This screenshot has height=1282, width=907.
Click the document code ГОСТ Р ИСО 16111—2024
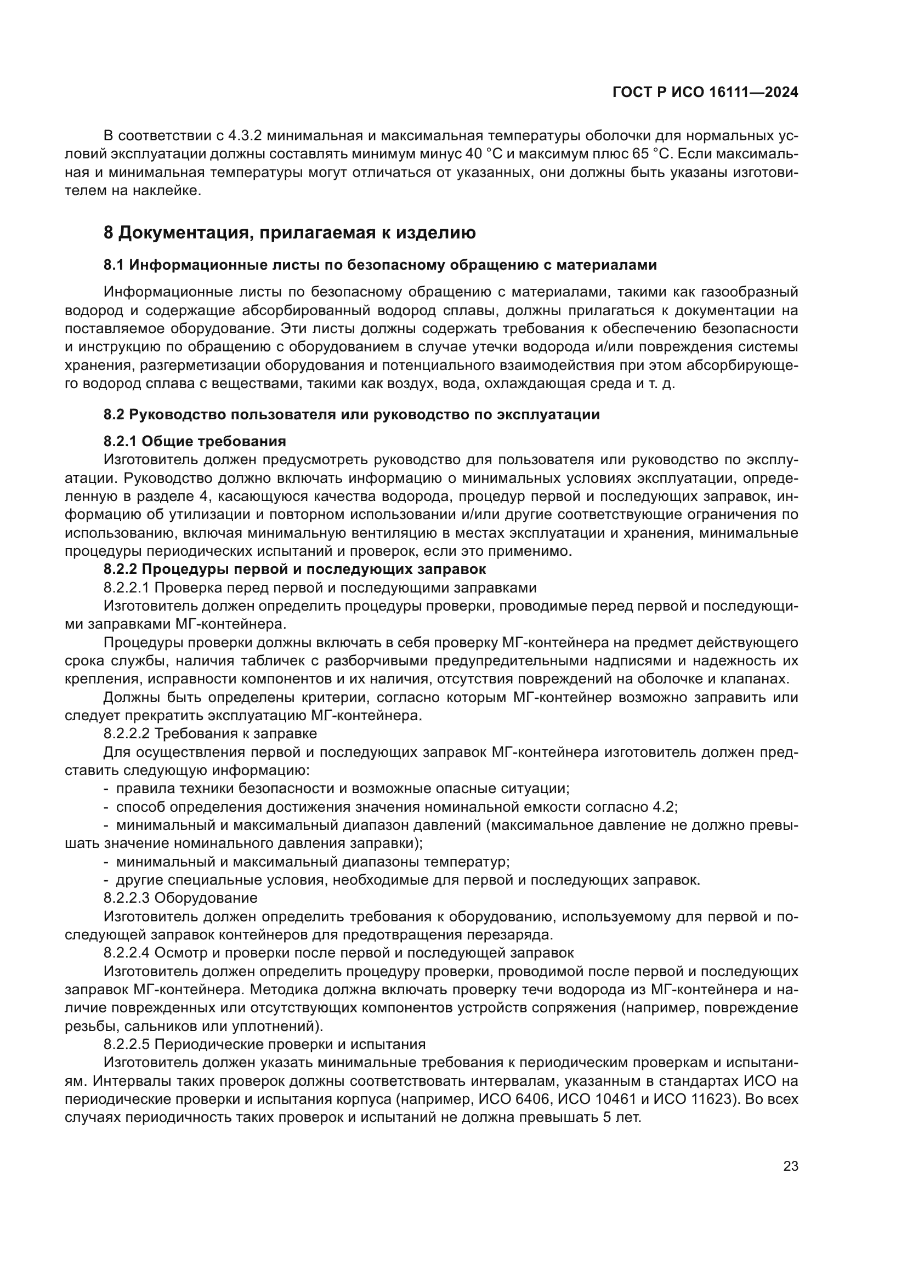tap(705, 93)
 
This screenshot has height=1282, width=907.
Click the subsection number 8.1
tap(114, 265)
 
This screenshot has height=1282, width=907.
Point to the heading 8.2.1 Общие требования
tap(194, 441)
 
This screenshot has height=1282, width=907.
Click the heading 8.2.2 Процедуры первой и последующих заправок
tap(294, 569)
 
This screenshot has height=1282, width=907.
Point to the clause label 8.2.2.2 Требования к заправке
tap(210, 733)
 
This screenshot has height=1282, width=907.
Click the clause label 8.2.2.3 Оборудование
tap(180, 898)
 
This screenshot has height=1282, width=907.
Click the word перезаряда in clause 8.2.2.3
tap(507, 935)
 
